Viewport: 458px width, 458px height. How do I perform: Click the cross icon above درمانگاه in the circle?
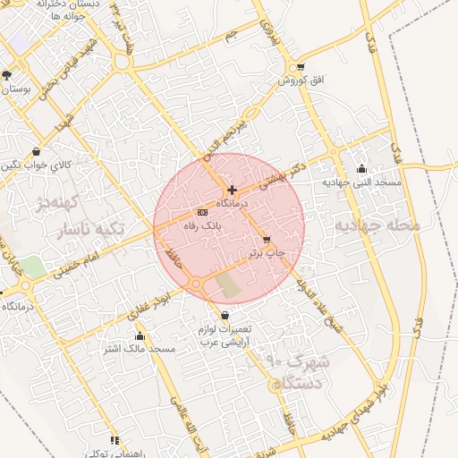pos(232,190)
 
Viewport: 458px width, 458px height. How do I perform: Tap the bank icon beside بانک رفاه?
pos(202,212)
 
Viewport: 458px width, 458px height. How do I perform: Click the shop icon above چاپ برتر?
pos(267,239)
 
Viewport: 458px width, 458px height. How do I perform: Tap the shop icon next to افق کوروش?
pos(300,66)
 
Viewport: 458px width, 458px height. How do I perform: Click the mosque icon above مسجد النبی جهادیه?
pos(361,168)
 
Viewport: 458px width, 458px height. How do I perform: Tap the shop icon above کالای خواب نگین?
pos(35,151)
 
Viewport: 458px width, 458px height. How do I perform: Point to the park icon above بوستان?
pos(7,75)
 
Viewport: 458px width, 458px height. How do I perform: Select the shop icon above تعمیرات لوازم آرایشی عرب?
pos(224,316)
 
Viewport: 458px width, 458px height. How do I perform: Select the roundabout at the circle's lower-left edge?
pos(196,284)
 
